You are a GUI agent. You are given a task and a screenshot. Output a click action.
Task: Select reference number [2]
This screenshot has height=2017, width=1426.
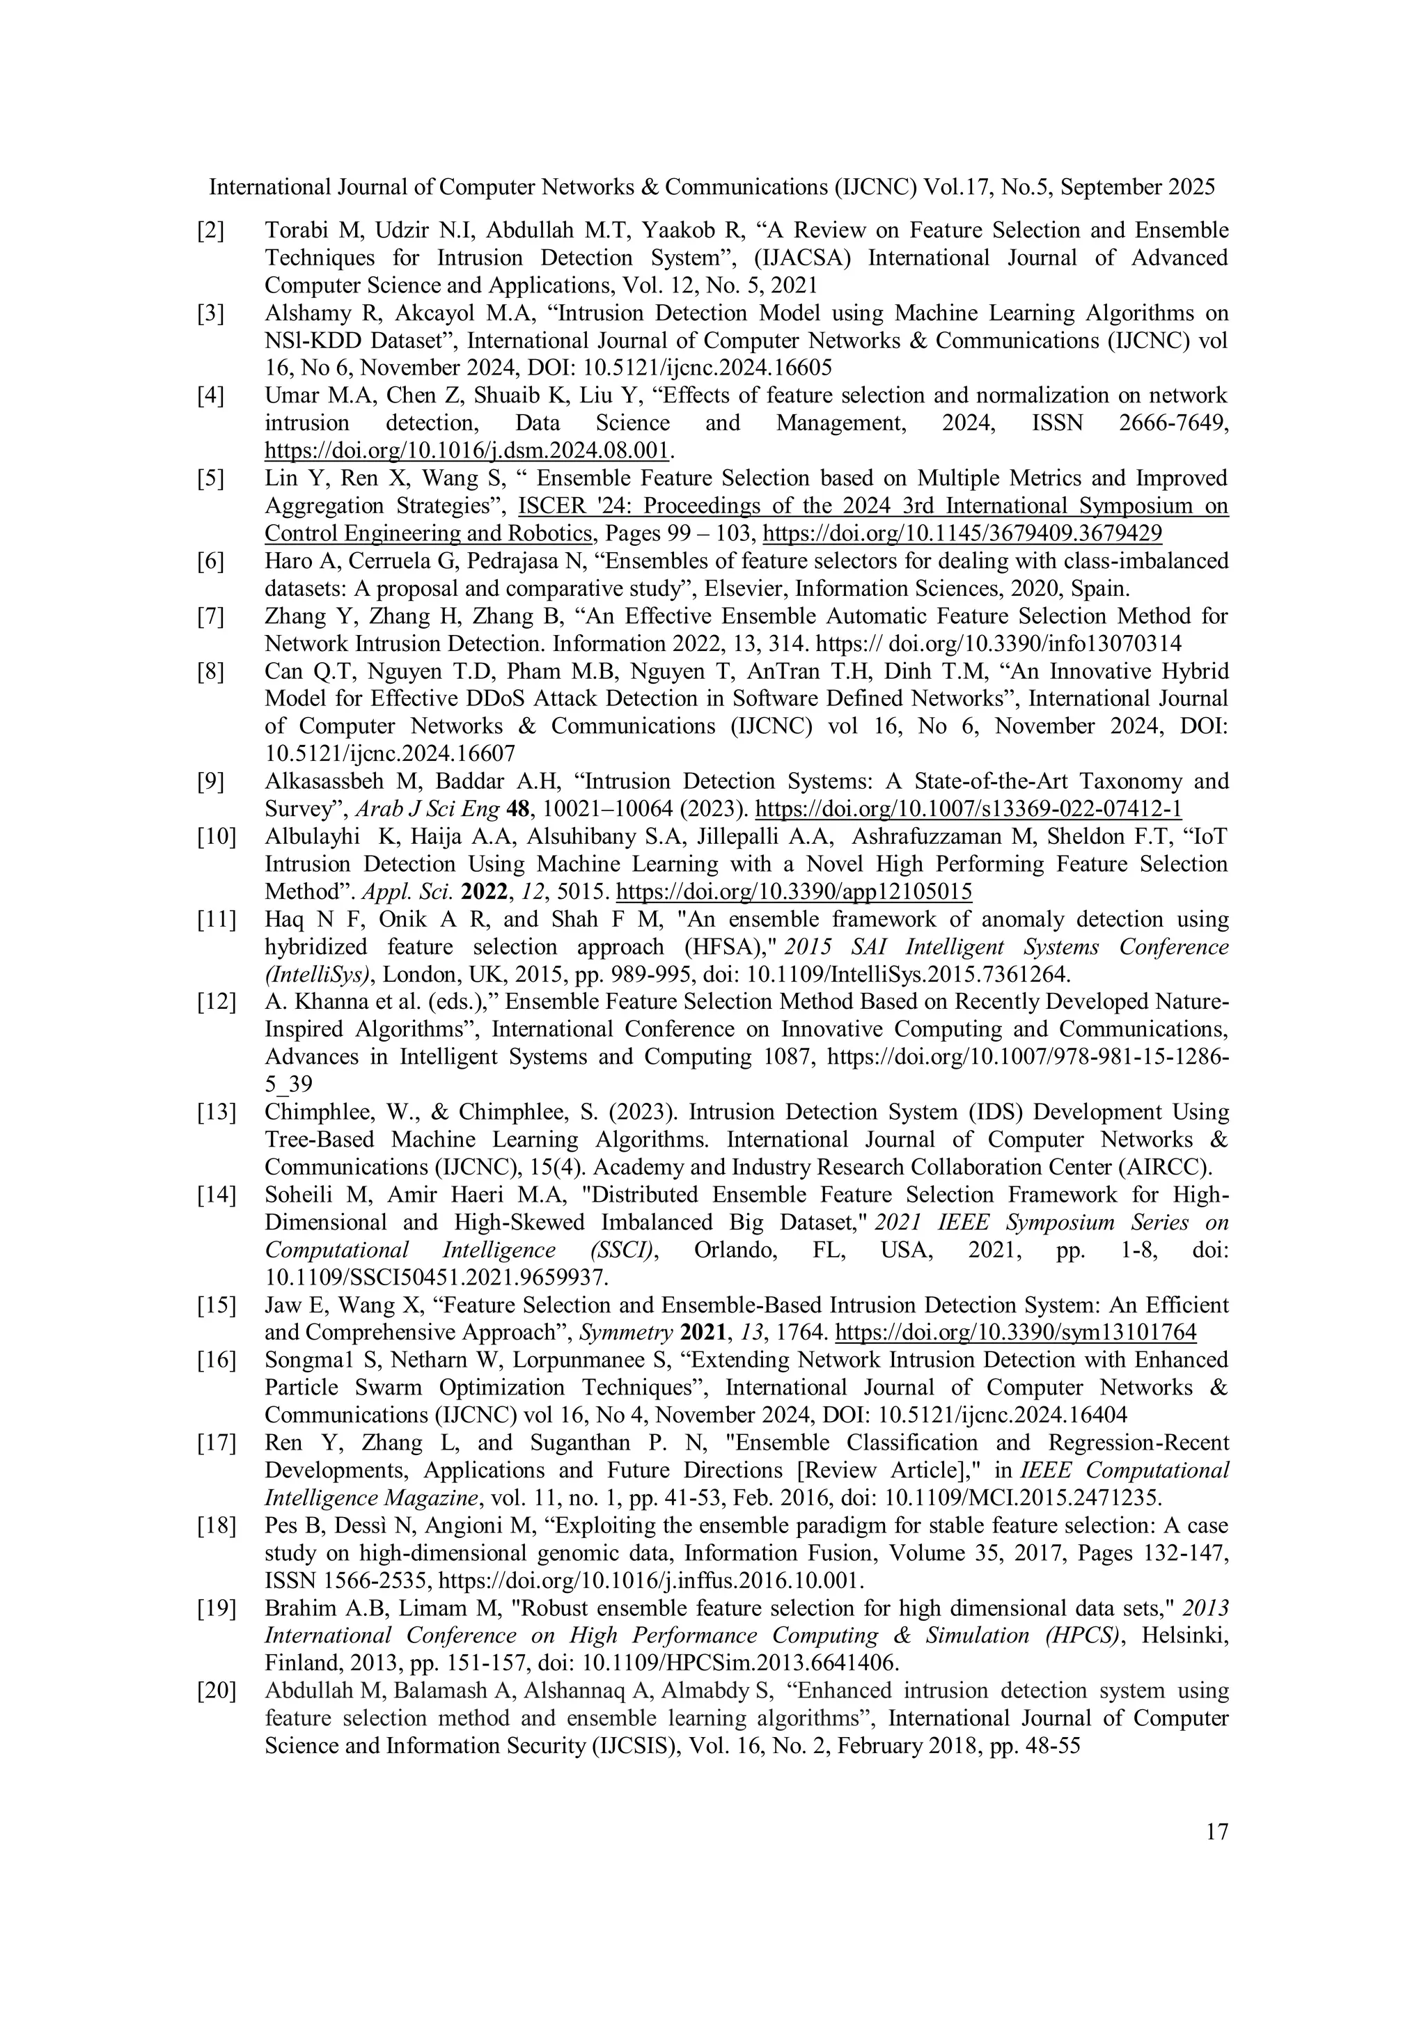(x=210, y=231)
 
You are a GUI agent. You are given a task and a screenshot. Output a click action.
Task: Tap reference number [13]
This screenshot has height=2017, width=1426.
(x=215, y=1112)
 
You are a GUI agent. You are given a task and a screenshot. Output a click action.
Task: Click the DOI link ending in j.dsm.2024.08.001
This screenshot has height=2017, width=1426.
(x=467, y=452)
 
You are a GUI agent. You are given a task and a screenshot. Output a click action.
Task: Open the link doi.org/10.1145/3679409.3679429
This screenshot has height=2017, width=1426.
(x=962, y=533)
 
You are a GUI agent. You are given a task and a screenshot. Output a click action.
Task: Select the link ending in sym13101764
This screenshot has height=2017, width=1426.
(x=1014, y=1333)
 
